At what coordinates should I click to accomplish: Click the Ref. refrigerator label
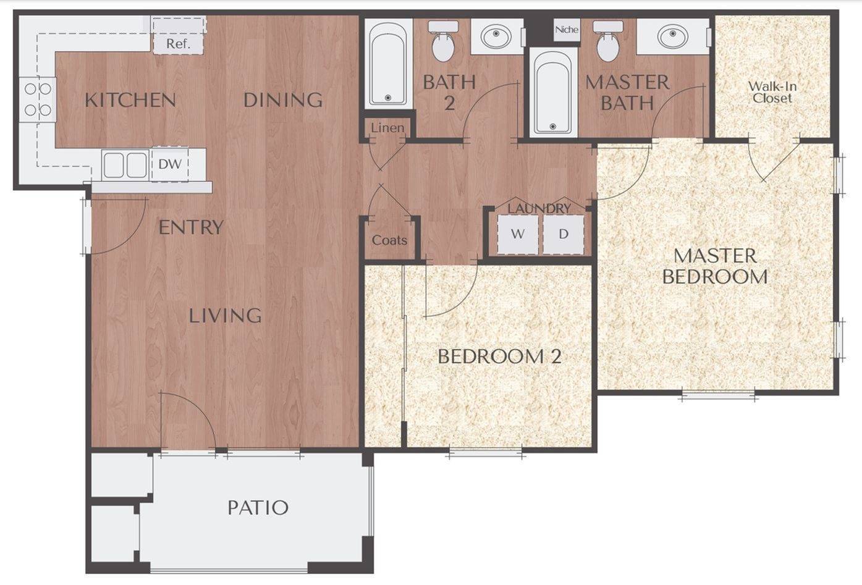(x=178, y=44)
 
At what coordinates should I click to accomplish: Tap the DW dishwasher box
(x=170, y=164)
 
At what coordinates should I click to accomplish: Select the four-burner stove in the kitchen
(x=38, y=100)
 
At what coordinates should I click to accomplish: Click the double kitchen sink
(x=125, y=165)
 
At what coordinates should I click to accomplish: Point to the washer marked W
(x=518, y=234)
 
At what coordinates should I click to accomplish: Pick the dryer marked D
(x=564, y=234)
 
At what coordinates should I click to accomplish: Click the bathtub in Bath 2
(x=388, y=63)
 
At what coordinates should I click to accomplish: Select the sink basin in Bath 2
(x=496, y=36)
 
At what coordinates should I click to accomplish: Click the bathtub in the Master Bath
(x=552, y=91)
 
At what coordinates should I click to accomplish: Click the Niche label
(x=567, y=29)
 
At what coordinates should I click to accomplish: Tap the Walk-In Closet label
(x=772, y=92)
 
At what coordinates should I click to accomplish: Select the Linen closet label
(x=387, y=128)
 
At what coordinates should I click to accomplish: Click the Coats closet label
(x=389, y=240)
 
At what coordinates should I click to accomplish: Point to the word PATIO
(x=258, y=508)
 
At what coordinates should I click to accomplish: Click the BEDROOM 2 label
(x=499, y=356)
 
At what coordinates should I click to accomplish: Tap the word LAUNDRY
(x=539, y=209)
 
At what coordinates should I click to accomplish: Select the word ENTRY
(x=190, y=227)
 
